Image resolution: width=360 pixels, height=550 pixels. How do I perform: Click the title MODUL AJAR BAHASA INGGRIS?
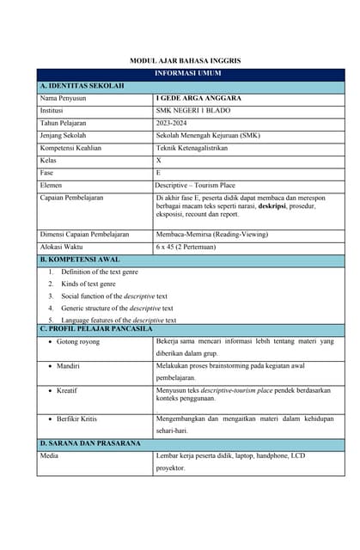click(x=185, y=62)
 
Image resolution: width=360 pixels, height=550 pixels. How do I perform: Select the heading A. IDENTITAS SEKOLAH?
click(x=82, y=87)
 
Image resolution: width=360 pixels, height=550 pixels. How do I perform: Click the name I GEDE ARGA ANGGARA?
click(x=198, y=99)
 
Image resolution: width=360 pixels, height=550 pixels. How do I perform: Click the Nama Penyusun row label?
click(x=64, y=99)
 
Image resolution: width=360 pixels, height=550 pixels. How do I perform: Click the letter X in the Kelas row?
click(x=158, y=161)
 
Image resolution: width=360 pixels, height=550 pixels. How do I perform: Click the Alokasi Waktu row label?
click(x=63, y=247)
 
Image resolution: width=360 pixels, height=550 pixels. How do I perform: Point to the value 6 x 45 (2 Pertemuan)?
click(x=186, y=247)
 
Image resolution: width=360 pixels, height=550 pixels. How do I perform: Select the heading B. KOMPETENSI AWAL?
click(x=80, y=259)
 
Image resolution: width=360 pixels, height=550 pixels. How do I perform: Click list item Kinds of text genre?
click(x=88, y=284)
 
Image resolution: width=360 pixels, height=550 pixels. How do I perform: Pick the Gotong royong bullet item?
click(x=78, y=342)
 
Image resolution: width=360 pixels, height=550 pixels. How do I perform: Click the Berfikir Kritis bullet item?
click(x=77, y=419)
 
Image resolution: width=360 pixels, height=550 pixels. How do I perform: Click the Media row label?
click(x=49, y=456)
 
